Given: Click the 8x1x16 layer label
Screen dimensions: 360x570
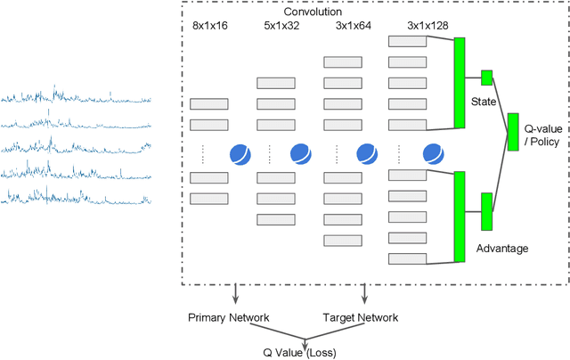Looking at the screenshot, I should (x=210, y=26).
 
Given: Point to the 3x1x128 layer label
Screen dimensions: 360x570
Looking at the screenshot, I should (x=411, y=26).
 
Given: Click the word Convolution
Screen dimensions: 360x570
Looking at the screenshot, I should (x=312, y=12).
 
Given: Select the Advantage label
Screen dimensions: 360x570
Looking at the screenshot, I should (x=503, y=247).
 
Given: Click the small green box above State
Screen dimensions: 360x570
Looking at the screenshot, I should (x=486, y=78).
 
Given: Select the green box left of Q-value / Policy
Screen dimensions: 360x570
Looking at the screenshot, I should (x=512, y=131).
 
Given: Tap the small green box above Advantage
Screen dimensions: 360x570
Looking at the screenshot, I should (x=486, y=211).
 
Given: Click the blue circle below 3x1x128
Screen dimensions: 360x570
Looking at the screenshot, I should (x=433, y=153).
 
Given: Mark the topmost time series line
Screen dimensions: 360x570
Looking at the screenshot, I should (x=76, y=96).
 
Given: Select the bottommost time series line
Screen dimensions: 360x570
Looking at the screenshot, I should (x=76, y=196).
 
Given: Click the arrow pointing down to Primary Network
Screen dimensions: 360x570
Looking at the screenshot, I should (x=234, y=295).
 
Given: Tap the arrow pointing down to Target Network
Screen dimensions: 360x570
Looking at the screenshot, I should (x=363, y=295).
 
